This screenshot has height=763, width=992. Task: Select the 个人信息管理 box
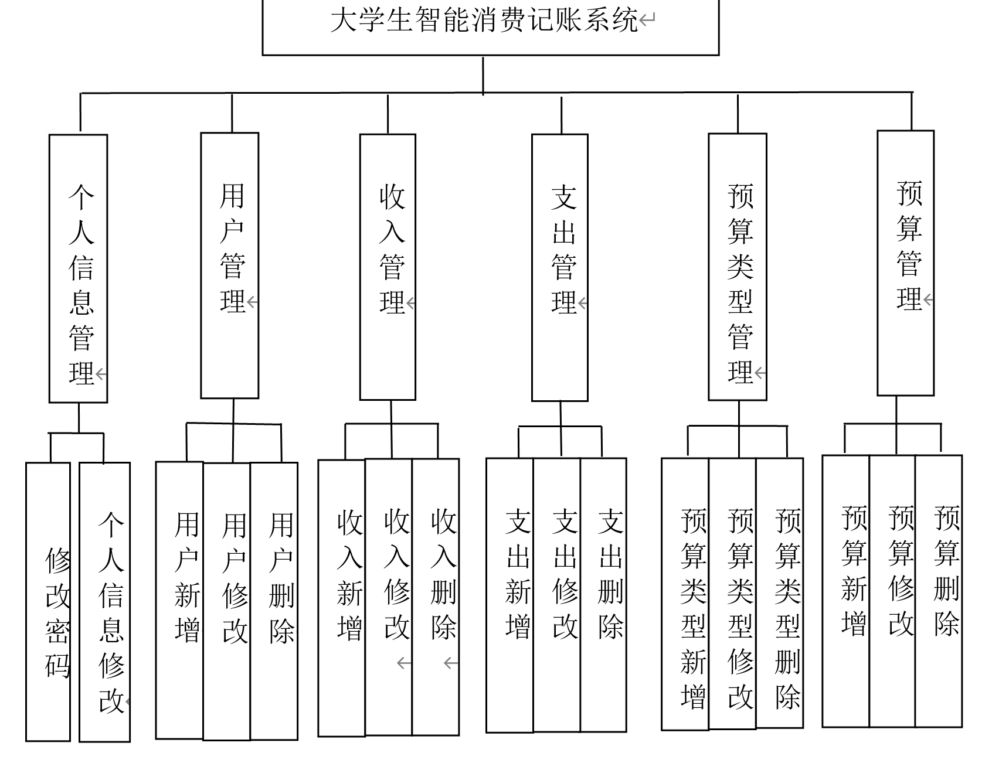(79, 268)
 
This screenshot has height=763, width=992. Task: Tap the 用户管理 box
(230, 265)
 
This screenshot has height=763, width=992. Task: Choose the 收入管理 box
(388, 267)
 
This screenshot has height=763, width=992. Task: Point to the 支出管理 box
(560, 268)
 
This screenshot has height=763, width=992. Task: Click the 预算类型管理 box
(738, 267)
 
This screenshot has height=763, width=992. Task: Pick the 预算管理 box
(905, 263)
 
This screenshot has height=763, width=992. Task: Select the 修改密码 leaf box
(48, 602)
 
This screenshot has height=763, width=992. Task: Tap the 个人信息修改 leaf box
(105, 602)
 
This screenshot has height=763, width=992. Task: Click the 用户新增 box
(180, 600)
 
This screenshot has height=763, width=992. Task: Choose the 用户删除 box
(274, 601)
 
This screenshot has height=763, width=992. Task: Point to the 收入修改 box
(389, 597)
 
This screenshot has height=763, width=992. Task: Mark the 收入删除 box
(436, 597)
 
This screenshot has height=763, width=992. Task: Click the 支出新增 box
(510, 595)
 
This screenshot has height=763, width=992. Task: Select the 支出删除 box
(604, 595)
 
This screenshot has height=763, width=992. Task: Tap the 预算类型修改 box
(732, 594)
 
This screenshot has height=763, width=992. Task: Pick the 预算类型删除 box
(780, 593)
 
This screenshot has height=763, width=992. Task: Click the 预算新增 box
(846, 591)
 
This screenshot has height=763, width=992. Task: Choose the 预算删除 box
(939, 591)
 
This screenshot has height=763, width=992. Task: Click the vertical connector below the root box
(483, 74)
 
